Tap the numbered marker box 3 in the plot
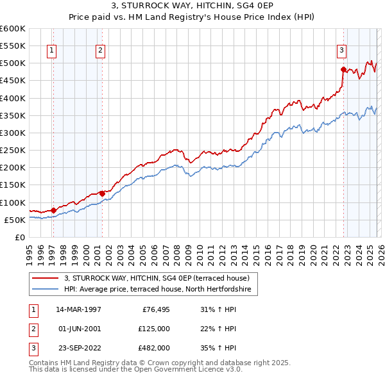click(342, 49)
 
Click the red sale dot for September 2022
click(343, 69)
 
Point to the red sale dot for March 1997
click(54, 210)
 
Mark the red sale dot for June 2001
click(102, 193)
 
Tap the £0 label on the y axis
click(19, 237)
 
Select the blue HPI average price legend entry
click(160, 290)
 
